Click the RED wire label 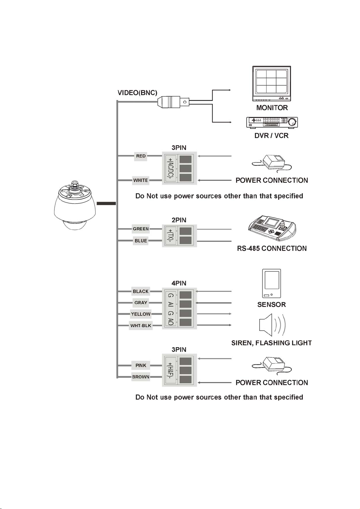click(141, 156)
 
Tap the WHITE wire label click(141, 180)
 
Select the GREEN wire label click(141, 229)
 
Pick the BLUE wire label click(141, 241)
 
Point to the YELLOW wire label click(141, 314)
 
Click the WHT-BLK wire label click(141, 325)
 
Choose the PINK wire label click(141, 366)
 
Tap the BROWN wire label click(141, 377)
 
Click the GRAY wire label click(141, 303)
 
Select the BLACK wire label click(141, 291)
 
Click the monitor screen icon click(271, 83)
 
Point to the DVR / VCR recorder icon click(272, 122)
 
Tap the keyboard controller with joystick click(272, 228)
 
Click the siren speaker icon click(272, 325)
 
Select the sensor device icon click(271, 283)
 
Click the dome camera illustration click(75, 206)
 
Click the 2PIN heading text click(179, 220)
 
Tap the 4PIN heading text click(179, 283)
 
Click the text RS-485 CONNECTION click(272, 248)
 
